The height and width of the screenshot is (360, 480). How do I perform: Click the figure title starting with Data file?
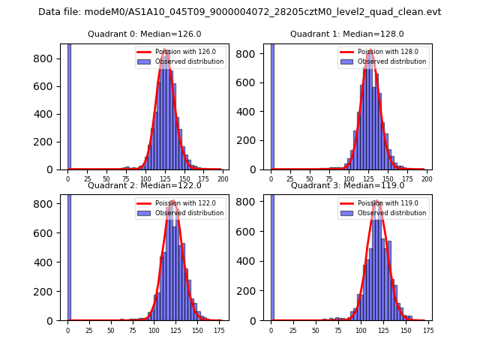pos(240,12)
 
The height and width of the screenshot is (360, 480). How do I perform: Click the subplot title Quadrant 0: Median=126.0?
pos(144,34)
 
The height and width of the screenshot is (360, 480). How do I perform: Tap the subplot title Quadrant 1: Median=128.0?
pos(347,34)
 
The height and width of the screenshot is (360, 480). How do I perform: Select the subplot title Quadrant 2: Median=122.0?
pos(144,185)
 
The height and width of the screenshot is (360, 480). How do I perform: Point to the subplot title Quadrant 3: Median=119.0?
pos(347,185)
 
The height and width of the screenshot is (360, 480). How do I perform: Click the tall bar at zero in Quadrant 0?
pos(69,105)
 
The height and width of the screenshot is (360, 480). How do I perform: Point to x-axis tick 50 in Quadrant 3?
pos(316,330)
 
